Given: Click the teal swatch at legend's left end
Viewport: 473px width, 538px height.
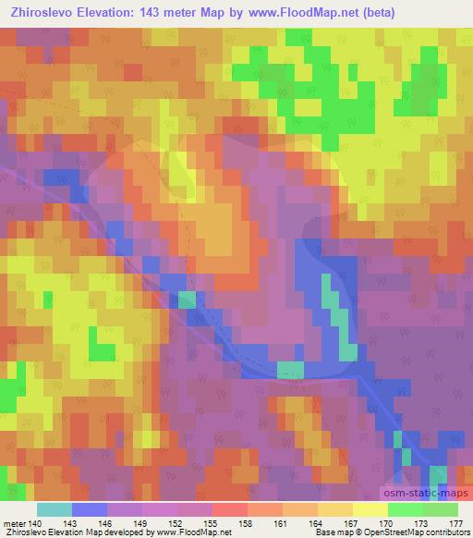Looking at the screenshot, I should (55, 509).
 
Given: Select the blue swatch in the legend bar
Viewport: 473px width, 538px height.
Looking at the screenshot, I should (90, 509).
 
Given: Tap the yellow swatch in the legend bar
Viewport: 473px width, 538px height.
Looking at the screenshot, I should (370, 509).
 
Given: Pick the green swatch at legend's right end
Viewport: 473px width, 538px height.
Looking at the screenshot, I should (440, 509).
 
